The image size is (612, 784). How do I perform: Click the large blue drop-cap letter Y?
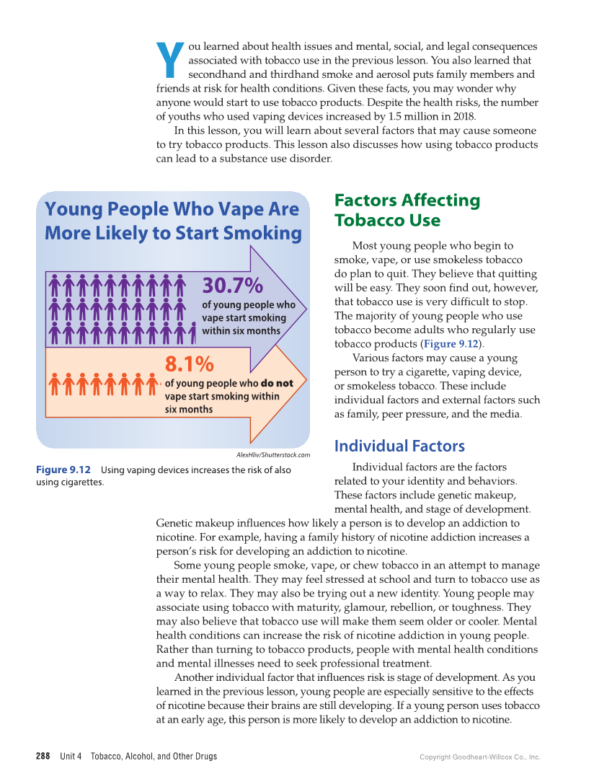[170, 61]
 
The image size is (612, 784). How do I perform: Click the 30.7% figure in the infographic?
[232, 286]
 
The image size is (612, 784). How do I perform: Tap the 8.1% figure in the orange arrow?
[189, 363]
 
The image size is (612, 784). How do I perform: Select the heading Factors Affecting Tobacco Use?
[407, 210]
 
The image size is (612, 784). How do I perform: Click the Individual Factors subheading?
[399, 446]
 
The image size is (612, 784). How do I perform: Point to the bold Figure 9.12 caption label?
[63, 470]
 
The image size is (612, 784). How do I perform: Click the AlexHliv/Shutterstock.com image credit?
[272, 455]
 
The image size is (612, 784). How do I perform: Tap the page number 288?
[43, 757]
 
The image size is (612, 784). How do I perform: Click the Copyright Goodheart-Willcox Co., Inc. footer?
[479, 757]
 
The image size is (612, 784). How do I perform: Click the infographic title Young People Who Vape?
[173, 221]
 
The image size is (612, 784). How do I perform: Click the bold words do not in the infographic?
[277, 384]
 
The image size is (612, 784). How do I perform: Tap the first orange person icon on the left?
[55, 384]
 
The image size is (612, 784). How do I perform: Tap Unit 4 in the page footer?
[71, 757]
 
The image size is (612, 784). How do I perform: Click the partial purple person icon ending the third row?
[193, 333]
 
